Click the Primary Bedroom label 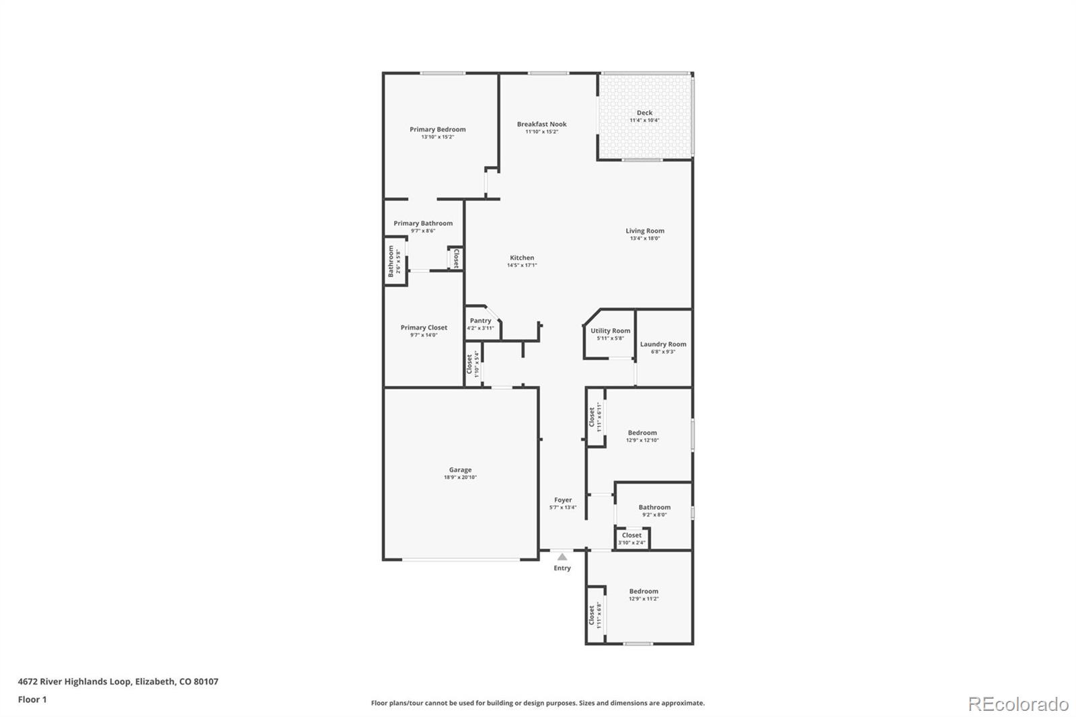pyautogui.click(x=437, y=129)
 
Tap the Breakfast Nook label pyautogui.click(x=541, y=124)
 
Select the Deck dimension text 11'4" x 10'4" pyautogui.click(x=644, y=121)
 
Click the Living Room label pyautogui.click(x=644, y=231)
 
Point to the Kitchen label pyautogui.click(x=522, y=258)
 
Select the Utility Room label pyautogui.click(x=610, y=330)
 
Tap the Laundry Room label pyautogui.click(x=663, y=344)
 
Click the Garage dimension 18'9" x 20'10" pyautogui.click(x=460, y=478)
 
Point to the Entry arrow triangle pyautogui.click(x=562, y=557)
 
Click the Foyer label pyautogui.click(x=563, y=500)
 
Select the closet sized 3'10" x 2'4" pyautogui.click(x=631, y=538)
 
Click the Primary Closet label pyautogui.click(x=424, y=328)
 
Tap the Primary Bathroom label pyautogui.click(x=423, y=223)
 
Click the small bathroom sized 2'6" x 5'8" pyautogui.click(x=395, y=261)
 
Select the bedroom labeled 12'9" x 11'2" pyautogui.click(x=644, y=595)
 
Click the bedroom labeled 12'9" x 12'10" pyautogui.click(x=642, y=436)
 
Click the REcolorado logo pyautogui.click(x=1018, y=704)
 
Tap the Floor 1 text pyautogui.click(x=32, y=700)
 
